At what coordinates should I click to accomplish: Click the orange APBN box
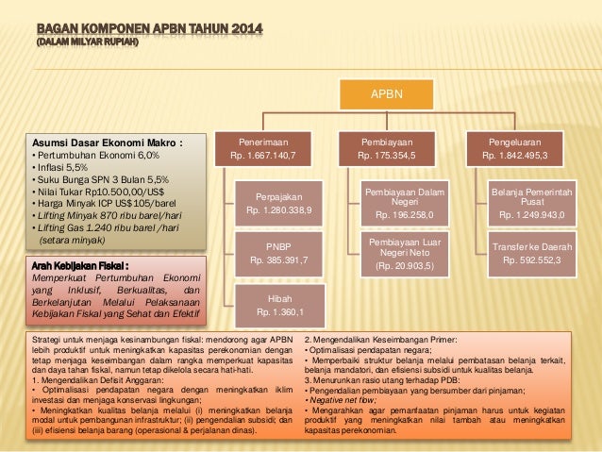tap(387, 94)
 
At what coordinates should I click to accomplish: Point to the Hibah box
tap(274, 304)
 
